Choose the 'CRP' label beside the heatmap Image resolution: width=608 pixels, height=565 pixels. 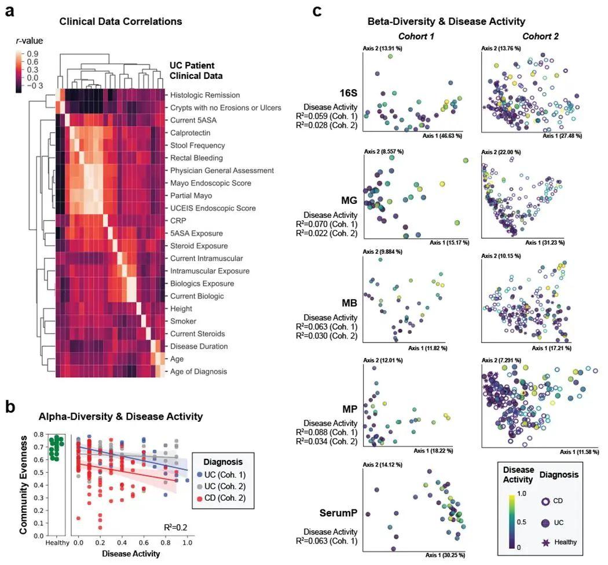pyautogui.click(x=178, y=220)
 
